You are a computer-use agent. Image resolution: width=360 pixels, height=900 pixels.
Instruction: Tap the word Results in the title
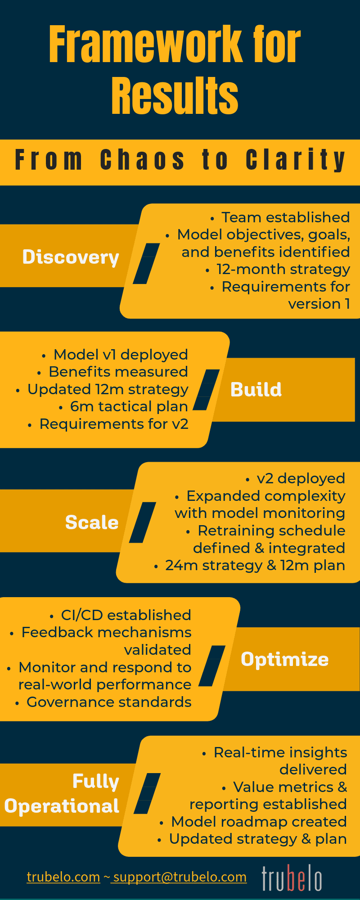[175, 95]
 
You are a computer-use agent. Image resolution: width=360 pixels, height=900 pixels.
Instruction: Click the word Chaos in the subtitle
[142, 160]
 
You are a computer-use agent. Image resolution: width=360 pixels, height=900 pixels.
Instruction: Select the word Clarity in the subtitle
[296, 160]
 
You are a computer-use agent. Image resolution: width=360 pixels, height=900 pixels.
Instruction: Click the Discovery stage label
[71, 257]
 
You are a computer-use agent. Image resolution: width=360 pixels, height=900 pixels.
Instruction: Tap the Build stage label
[256, 389]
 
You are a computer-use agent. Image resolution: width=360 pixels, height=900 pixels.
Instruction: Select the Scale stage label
[92, 522]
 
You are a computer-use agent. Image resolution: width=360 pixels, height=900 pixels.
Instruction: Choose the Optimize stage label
[285, 659]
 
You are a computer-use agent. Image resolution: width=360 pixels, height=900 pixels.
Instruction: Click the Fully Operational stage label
[62, 793]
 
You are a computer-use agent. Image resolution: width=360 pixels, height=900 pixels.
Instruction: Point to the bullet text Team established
[285, 217]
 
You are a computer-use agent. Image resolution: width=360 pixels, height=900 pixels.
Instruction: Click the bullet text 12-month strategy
[283, 269]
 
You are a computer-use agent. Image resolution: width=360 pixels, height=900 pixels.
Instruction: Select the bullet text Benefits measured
[118, 372]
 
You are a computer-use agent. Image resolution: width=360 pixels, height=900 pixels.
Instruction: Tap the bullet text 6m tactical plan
[129, 406]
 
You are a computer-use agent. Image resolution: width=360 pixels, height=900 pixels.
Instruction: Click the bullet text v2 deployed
[301, 478]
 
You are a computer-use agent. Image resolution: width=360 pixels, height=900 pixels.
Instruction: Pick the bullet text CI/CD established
[126, 615]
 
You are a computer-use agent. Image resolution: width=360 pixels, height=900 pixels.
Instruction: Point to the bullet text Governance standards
[109, 702]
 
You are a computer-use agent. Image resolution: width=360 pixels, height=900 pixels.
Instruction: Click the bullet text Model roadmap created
[259, 822]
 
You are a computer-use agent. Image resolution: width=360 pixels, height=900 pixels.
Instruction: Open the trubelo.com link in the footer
[63, 877]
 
